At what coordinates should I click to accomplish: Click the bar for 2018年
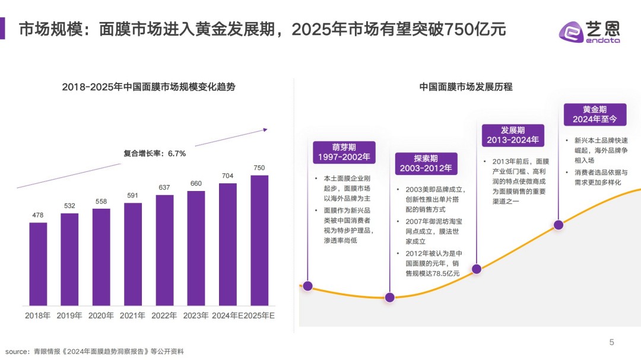(x=38, y=264)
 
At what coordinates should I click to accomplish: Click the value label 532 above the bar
(x=69, y=206)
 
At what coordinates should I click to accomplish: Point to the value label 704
(x=228, y=176)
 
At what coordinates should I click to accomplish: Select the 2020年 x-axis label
(x=101, y=316)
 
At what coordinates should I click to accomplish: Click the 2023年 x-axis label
(x=196, y=316)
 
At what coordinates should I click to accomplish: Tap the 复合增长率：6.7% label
(x=154, y=154)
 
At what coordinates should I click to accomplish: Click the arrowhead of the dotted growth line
(x=265, y=129)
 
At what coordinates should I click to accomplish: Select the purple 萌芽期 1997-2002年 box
(x=344, y=152)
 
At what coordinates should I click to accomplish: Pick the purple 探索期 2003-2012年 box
(x=426, y=164)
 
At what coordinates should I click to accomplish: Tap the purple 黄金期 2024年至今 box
(x=594, y=114)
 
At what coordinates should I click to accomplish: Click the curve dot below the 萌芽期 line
(x=307, y=286)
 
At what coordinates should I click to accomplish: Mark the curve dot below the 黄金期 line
(x=558, y=225)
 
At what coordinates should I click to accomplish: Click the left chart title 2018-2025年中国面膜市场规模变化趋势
(x=148, y=87)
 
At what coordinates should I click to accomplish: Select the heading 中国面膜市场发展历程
(x=466, y=87)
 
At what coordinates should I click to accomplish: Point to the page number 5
(x=611, y=342)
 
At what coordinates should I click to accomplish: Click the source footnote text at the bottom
(x=95, y=351)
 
